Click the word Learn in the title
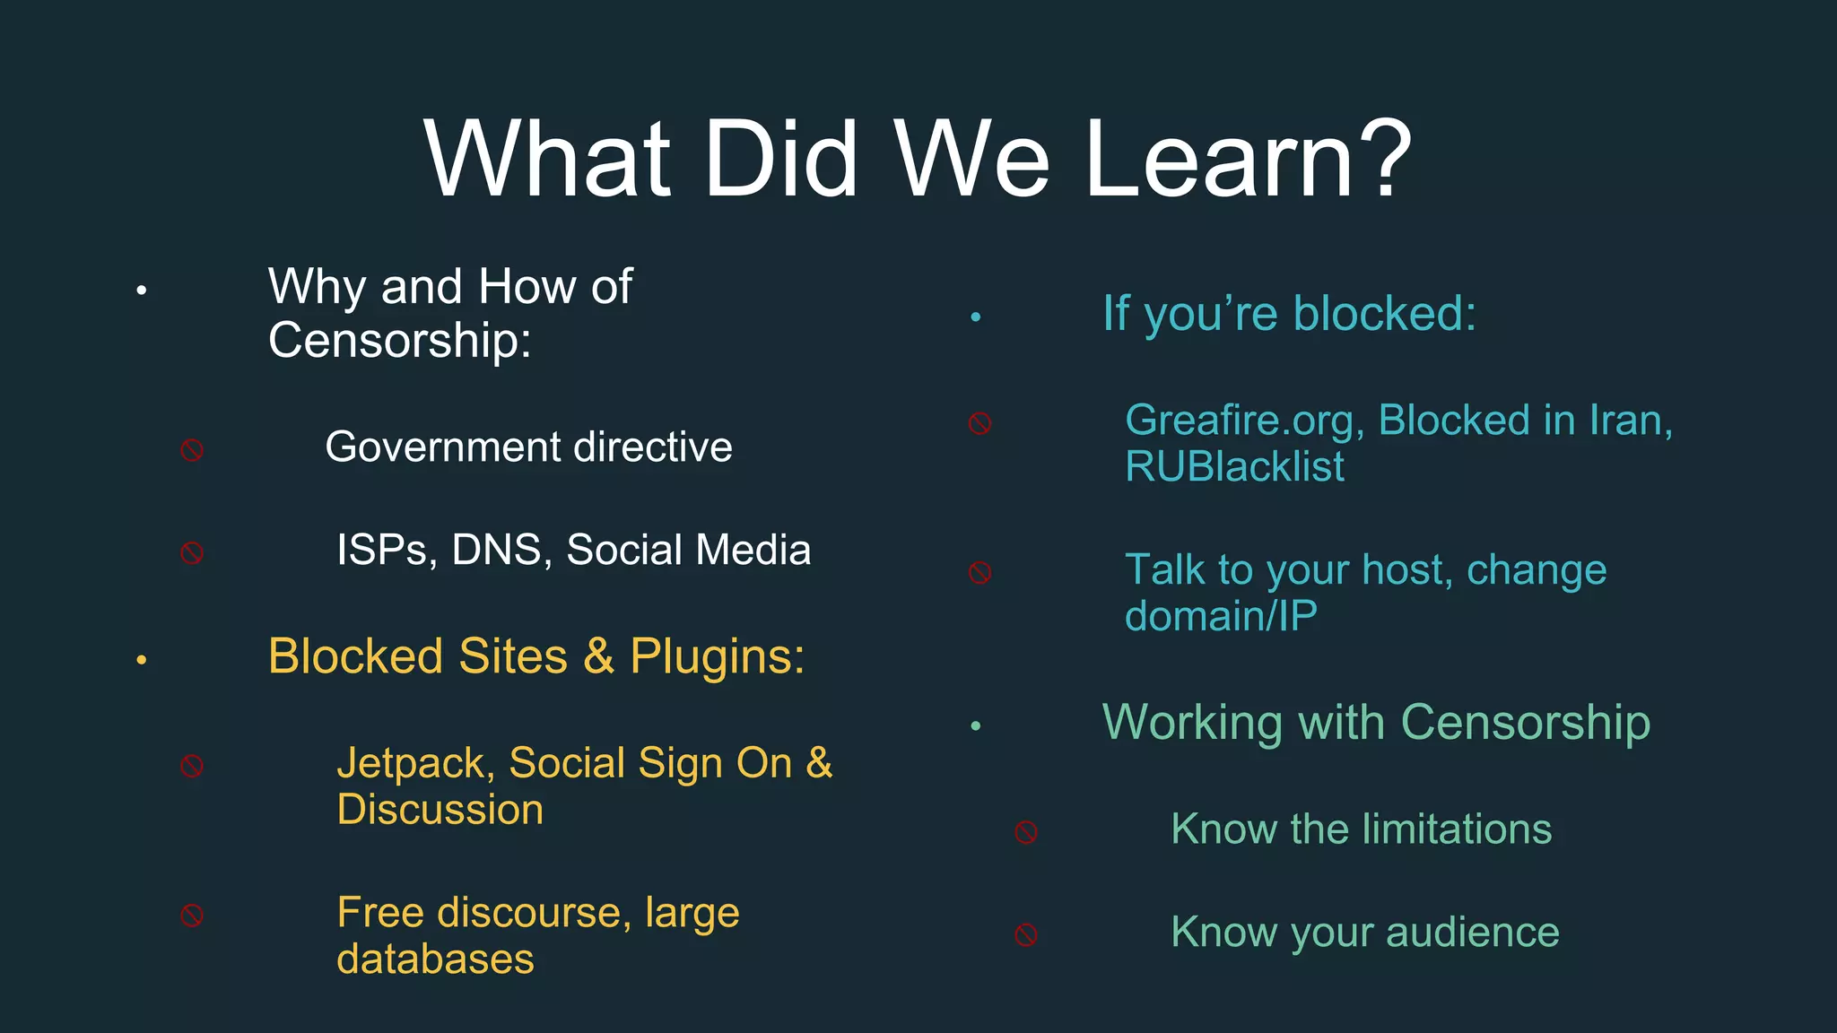pos(1220,160)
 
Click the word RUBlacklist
pos(1234,466)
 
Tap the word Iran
pos(1630,421)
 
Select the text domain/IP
pos(1221,616)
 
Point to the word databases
pos(435,959)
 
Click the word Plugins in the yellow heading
pos(716,656)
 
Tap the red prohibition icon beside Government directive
pos(192,450)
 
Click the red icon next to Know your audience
pos(1026,935)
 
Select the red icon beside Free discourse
pos(192,916)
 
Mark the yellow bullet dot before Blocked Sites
pos(141,661)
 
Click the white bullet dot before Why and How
pos(141,291)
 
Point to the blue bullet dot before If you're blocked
pos(976,317)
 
